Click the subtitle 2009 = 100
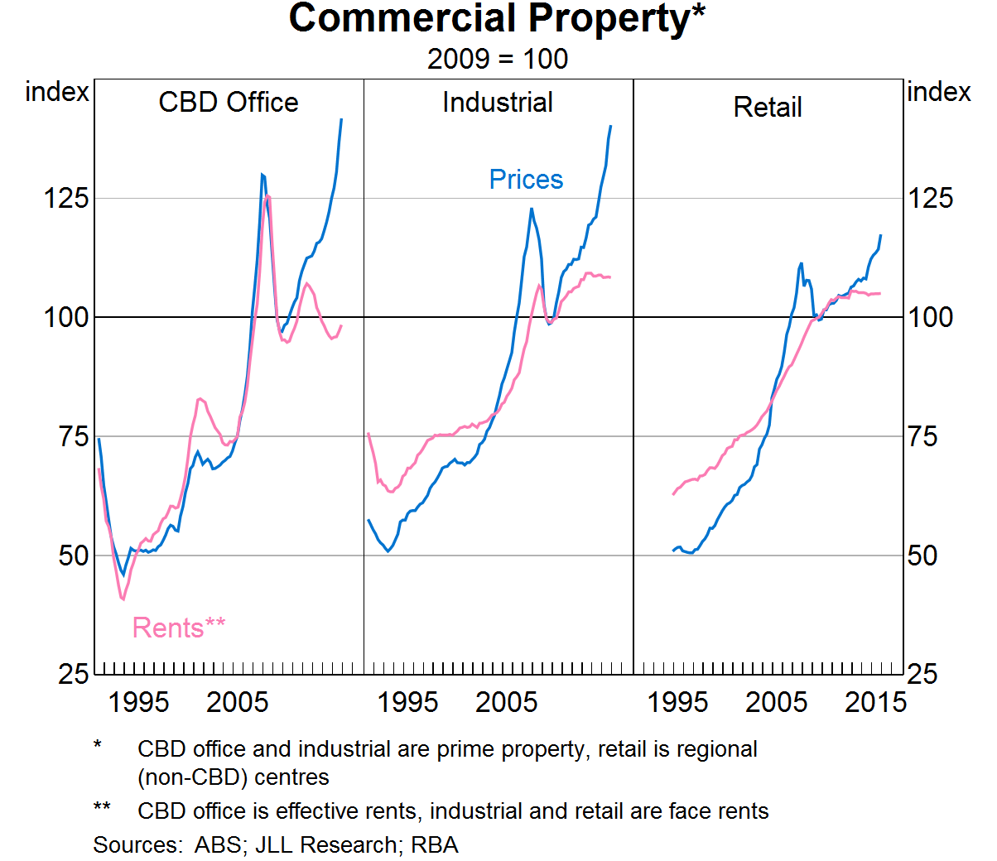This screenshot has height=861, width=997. click(497, 59)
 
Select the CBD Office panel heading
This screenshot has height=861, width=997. click(229, 102)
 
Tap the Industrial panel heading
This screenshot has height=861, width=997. click(498, 102)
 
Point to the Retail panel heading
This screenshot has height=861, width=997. click(768, 107)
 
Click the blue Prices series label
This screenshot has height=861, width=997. click(526, 180)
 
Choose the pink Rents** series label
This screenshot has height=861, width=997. click(179, 628)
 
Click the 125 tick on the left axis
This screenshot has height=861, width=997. click(65, 198)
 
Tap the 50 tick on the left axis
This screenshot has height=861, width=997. click(73, 556)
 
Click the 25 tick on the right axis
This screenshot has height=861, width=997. click(922, 674)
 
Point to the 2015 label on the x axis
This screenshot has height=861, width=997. click(875, 702)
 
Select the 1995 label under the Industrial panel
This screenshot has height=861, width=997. click(407, 702)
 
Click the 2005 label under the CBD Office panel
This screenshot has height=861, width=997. click(238, 702)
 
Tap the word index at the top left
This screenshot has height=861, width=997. click(56, 91)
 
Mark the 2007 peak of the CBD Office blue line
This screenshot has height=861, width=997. click(262, 175)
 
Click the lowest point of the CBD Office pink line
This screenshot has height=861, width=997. click(123, 599)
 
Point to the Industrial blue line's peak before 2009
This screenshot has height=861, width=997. click(532, 209)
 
